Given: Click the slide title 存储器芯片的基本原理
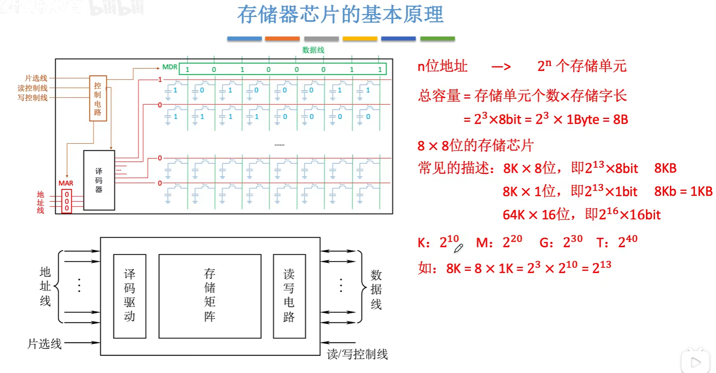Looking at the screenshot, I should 340,15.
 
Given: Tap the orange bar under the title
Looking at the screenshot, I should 282,39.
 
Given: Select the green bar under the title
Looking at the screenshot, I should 437,39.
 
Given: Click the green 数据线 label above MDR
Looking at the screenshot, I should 313,50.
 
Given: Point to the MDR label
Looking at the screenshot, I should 169,67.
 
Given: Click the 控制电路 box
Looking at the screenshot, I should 98,99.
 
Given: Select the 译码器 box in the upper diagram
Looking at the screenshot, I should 99,180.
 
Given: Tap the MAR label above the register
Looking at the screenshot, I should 66,183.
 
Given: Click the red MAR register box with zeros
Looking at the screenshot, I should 67,201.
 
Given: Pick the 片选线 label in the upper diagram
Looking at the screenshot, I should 36,78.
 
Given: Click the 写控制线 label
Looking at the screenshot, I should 32,98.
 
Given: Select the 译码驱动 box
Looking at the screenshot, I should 130,296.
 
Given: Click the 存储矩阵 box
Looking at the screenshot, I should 210,296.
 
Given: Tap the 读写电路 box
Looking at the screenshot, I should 289,296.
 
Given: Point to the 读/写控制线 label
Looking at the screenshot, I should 357,354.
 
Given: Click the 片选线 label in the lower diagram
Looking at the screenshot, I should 45,344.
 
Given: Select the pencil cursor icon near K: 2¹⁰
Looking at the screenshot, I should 458,248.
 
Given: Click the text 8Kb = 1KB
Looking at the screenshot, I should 683,191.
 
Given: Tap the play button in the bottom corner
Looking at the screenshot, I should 695,362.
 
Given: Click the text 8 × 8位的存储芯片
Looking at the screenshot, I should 476,146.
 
